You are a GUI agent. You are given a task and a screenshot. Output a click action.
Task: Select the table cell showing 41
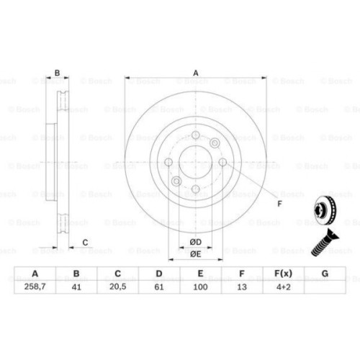(x=76, y=287)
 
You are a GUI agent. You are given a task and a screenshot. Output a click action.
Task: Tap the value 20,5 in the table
(x=117, y=287)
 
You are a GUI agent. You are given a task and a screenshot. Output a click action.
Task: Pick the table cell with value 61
(x=158, y=287)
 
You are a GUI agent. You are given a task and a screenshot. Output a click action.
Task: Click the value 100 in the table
(x=200, y=287)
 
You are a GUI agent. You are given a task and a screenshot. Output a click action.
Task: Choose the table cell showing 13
(x=241, y=287)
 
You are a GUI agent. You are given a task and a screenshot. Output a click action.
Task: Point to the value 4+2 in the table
(x=282, y=287)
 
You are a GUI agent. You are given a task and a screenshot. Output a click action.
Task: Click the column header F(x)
(x=282, y=274)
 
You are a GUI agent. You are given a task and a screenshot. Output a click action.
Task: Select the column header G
(x=324, y=274)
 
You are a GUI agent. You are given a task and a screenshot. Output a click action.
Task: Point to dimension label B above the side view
(x=58, y=72)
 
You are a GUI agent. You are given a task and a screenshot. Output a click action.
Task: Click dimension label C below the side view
(x=85, y=242)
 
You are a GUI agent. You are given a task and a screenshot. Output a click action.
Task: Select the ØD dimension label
(x=195, y=241)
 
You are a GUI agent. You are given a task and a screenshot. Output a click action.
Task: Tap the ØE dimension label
(x=195, y=253)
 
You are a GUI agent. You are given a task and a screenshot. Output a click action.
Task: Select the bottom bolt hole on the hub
(x=195, y=189)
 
